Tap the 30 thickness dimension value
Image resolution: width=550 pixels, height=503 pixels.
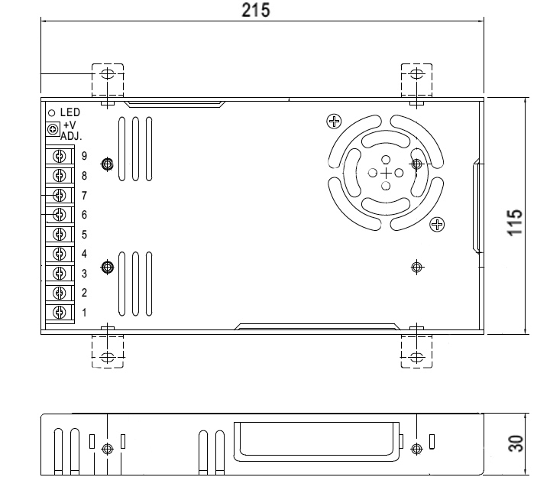[x=517, y=444]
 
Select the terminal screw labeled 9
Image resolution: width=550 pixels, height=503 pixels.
[x=58, y=156]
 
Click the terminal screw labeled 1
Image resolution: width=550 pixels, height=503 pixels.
[x=58, y=312]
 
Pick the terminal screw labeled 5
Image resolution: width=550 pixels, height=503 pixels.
[x=58, y=234]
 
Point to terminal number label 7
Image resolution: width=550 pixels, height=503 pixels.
[x=85, y=196]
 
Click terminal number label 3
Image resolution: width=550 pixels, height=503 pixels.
[x=85, y=274]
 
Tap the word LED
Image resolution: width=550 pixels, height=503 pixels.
[x=70, y=112]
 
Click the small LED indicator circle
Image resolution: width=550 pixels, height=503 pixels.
[x=51, y=112]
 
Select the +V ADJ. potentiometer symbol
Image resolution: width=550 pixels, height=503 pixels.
[x=52, y=129]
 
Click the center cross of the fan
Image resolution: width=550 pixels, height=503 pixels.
[x=386, y=173]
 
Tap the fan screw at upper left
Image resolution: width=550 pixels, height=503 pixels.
[x=333, y=121]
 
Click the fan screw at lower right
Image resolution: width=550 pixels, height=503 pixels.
[x=437, y=224]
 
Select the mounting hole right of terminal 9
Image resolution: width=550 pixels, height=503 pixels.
[x=108, y=164]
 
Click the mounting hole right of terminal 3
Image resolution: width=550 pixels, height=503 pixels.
[x=108, y=267]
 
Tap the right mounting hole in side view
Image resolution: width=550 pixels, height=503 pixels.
[x=416, y=449]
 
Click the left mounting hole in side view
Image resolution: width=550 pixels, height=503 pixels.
[x=108, y=449]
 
